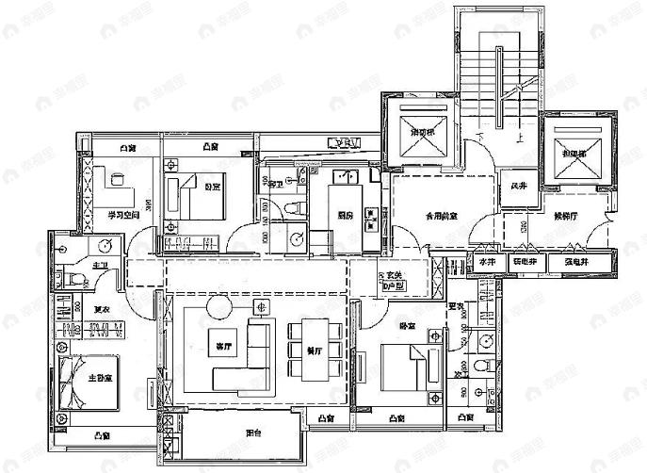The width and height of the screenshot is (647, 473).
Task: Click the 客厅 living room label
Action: [223, 345]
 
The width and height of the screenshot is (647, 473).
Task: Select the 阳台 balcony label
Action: [252, 433]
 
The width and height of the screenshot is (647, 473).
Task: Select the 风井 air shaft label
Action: [518, 186]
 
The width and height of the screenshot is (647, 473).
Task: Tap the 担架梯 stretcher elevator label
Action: [574, 153]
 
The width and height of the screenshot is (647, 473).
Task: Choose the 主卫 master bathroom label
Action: [99, 267]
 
